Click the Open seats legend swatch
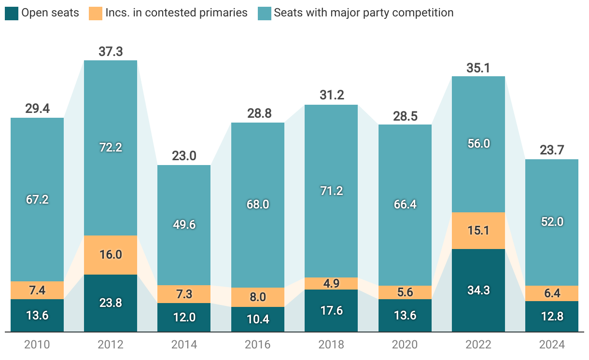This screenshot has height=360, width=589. (x=12, y=13)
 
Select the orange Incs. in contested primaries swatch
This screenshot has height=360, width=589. (x=96, y=13)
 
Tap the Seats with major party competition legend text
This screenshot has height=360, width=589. (x=364, y=13)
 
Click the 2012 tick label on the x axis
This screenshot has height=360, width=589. (x=111, y=345)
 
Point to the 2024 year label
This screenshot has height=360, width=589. (x=552, y=345)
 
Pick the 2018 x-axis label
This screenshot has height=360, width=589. (x=331, y=345)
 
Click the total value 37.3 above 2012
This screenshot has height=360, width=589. (x=111, y=52)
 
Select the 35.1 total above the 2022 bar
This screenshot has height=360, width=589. (x=478, y=68)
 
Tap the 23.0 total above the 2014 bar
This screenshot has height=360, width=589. (x=184, y=156)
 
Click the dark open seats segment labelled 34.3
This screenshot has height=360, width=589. (x=478, y=291)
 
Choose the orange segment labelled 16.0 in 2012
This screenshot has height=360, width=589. (x=111, y=255)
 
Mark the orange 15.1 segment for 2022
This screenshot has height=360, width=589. (x=478, y=231)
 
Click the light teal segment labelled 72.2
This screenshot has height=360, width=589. (x=111, y=148)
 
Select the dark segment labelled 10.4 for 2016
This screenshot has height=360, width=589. (x=258, y=319)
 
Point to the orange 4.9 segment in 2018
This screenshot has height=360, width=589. (x=331, y=283)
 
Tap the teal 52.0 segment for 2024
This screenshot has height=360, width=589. (x=552, y=222)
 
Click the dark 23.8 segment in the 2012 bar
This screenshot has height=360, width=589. (x=111, y=303)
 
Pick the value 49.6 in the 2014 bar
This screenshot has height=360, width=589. (x=184, y=225)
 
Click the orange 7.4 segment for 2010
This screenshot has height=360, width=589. (x=37, y=290)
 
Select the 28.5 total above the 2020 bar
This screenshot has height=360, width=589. (x=405, y=116)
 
